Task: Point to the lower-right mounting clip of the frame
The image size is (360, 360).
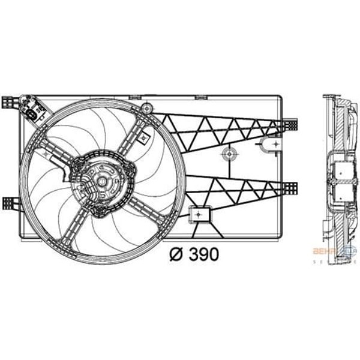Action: (x=292, y=187)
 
